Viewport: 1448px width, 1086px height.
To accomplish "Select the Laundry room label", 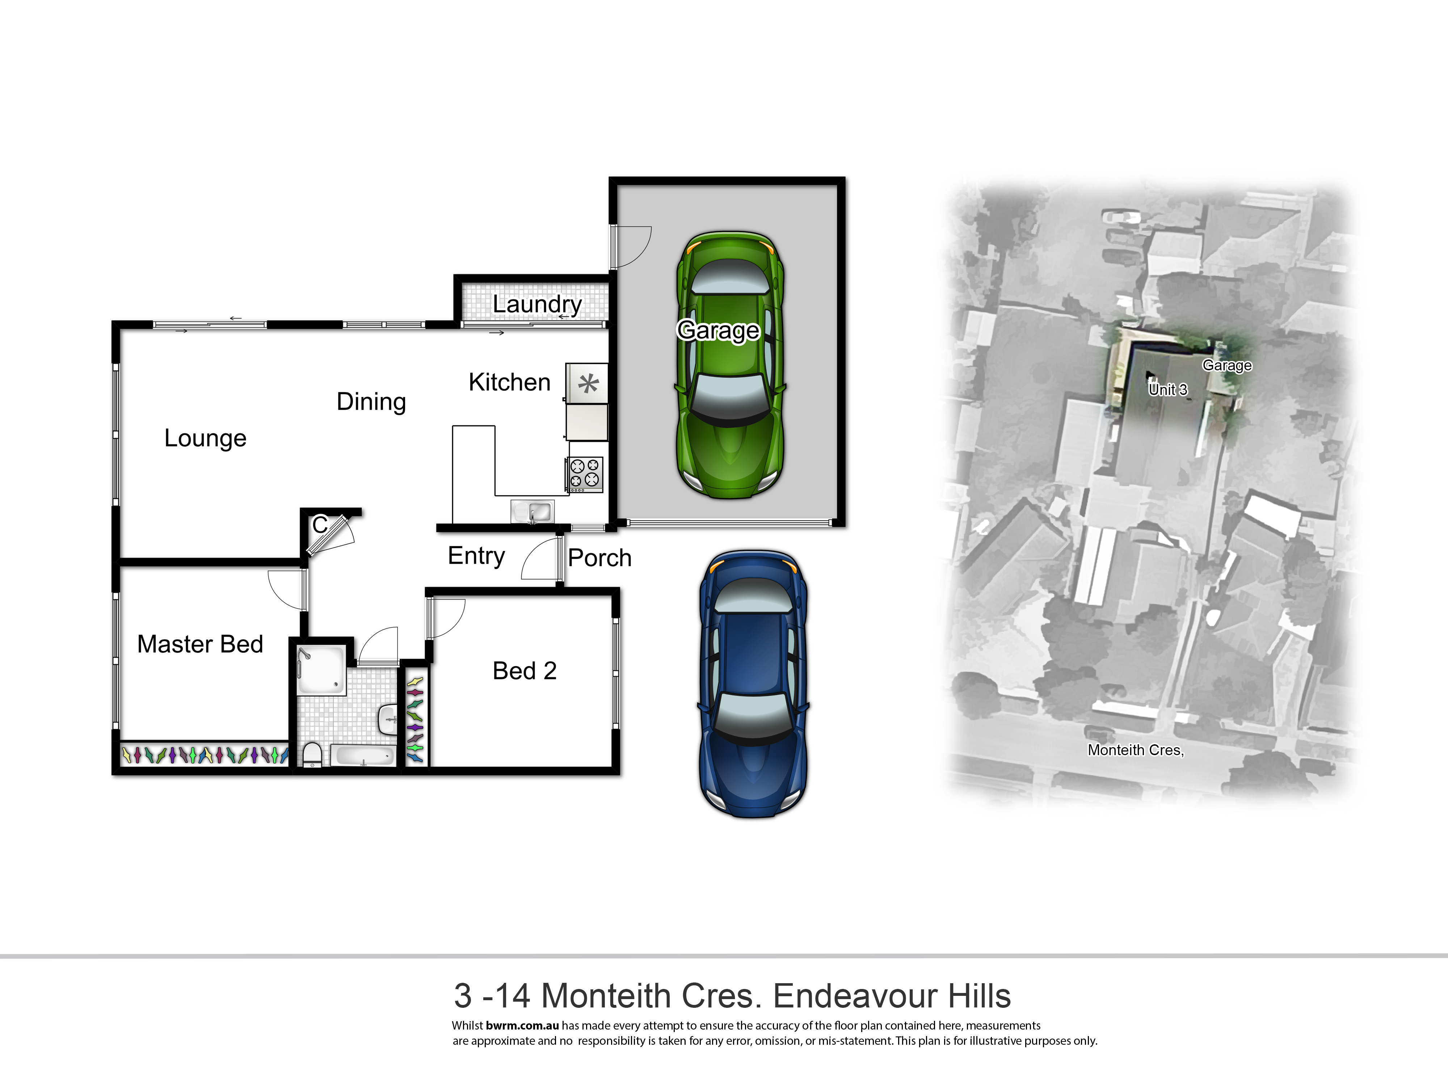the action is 537,304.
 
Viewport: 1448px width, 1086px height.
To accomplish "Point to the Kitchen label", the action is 509,382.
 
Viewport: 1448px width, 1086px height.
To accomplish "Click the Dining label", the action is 371,402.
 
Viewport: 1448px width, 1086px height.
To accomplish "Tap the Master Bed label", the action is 200,644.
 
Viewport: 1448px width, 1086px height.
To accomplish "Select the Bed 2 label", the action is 524,671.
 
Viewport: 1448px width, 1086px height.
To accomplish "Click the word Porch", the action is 599,558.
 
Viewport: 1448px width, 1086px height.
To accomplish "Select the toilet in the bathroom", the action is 312,754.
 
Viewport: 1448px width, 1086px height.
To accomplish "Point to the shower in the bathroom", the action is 321,671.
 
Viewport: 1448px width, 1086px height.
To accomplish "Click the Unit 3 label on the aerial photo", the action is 1168,390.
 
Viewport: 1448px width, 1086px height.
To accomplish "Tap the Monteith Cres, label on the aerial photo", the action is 1136,750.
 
